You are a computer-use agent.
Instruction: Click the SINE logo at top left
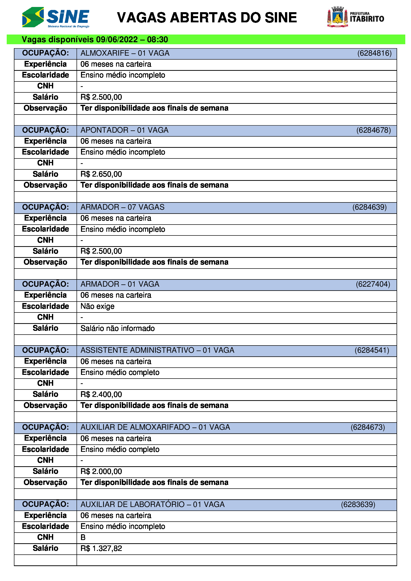(56, 17)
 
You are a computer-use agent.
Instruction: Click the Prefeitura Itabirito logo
(355, 17)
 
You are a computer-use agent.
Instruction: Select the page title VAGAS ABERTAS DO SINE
(207, 18)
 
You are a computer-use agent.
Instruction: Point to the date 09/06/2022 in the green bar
(117, 40)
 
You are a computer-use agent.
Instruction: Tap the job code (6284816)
(374, 53)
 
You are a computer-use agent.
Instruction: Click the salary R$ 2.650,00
(101, 174)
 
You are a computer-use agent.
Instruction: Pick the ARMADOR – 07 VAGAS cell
(123, 207)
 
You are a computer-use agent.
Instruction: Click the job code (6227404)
(373, 284)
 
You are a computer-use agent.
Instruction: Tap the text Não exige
(97, 307)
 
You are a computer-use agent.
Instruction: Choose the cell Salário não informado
(118, 328)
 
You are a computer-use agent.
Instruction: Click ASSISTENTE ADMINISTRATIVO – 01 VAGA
(157, 350)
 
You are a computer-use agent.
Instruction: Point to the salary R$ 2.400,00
(101, 394)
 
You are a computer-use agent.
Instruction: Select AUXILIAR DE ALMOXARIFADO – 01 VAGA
(155, 427)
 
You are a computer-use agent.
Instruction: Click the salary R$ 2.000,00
(101, 471)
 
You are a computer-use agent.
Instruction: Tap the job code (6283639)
(358, 504)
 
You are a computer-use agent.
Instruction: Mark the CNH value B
(83, 538)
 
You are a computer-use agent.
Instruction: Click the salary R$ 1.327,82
(101, 549)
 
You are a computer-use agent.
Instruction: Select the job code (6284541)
(371, 350)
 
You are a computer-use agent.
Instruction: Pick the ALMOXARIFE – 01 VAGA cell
(125, 53)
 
